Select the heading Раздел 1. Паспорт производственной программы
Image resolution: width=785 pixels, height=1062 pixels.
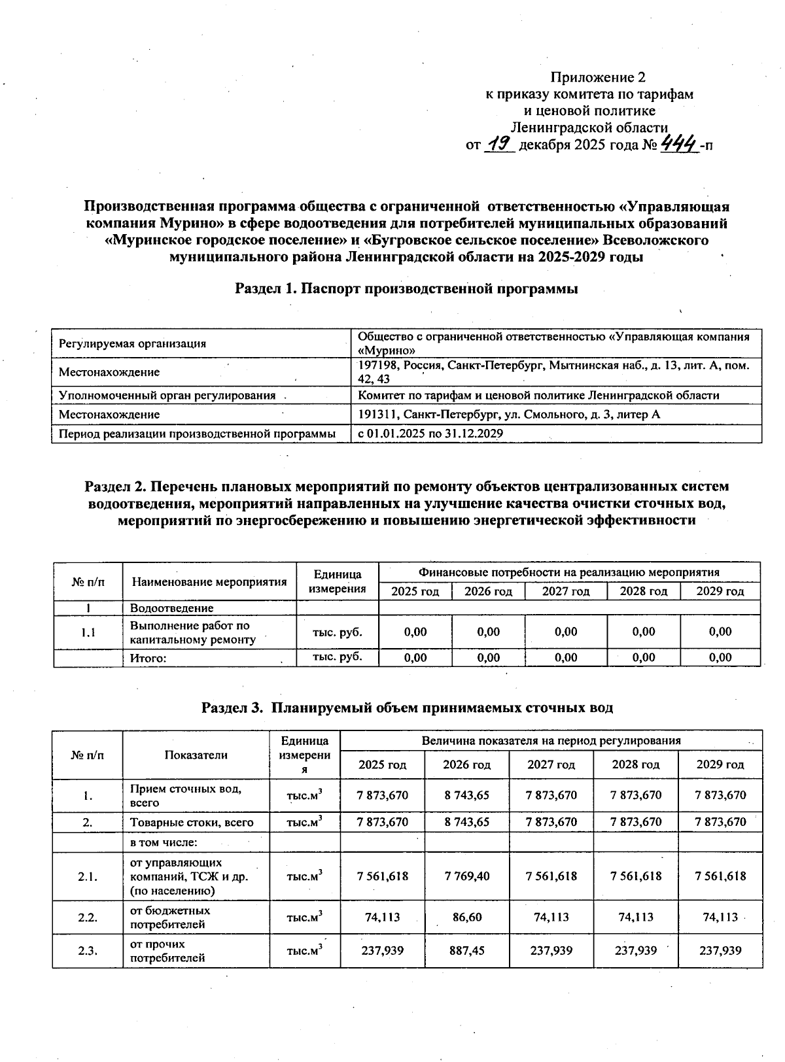[x=406, y=288]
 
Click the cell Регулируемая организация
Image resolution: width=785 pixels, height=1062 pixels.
[x=132, y=343]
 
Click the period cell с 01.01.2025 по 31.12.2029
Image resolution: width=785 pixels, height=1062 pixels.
[x=430, y=433]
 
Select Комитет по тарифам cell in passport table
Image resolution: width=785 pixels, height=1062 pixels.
[x=538, y=395]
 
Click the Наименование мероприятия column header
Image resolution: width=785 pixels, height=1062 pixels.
[x=209, y=581]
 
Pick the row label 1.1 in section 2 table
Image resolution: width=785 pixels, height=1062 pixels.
[x=88, y=632]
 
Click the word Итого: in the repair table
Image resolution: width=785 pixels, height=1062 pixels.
[x=148, y=658]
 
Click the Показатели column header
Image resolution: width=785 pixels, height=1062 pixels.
[x=196, y=755]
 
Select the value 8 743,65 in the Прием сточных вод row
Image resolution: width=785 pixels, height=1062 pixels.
[x=466, y=795]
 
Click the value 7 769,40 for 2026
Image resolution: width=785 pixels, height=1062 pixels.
[x=466, y=876]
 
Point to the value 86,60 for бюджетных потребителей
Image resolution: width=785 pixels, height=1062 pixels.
[x=466, y=917]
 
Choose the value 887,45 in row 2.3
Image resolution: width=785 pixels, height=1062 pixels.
[x=466, y=950]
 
